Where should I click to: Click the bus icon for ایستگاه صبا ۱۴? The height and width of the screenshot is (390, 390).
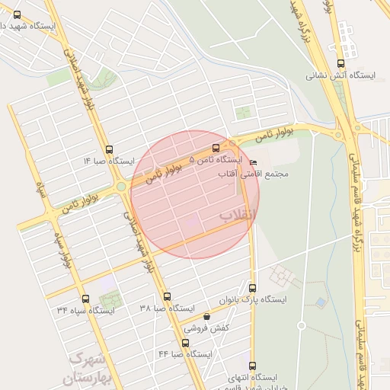click(110, 149)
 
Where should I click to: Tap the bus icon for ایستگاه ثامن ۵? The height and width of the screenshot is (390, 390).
click(216, 148)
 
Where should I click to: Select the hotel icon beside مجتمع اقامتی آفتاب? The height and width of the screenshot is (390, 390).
click(254, 162)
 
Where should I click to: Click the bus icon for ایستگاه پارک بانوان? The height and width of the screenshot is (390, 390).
click(253, 288)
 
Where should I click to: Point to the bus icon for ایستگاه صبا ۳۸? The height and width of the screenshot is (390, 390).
click(168, 296)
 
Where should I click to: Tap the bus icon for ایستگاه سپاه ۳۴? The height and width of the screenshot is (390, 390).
click(85, 299)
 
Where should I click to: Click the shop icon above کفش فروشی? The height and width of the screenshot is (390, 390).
click(206, 317)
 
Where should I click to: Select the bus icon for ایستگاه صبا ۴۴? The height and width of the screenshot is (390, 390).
click(187, 343)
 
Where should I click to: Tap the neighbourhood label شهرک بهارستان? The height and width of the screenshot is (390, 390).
click(90, 366)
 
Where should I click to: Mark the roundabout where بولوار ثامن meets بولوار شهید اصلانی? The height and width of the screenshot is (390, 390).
click(121, 186)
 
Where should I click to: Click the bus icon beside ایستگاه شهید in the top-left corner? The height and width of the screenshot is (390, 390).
click(18, 14)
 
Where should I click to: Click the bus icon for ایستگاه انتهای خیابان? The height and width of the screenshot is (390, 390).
click(253, 365)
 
